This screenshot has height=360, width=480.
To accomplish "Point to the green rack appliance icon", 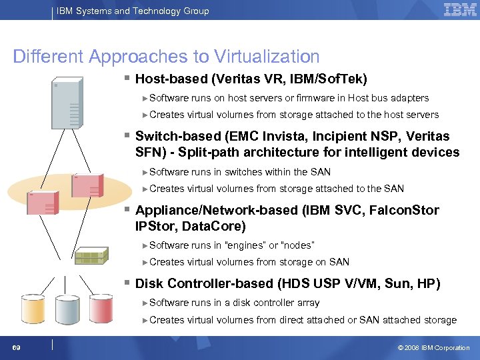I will [x=92, y=256].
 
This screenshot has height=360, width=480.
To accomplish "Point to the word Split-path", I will [x=199, y=153].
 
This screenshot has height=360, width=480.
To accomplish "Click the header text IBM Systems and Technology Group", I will [x=133, y=11].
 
